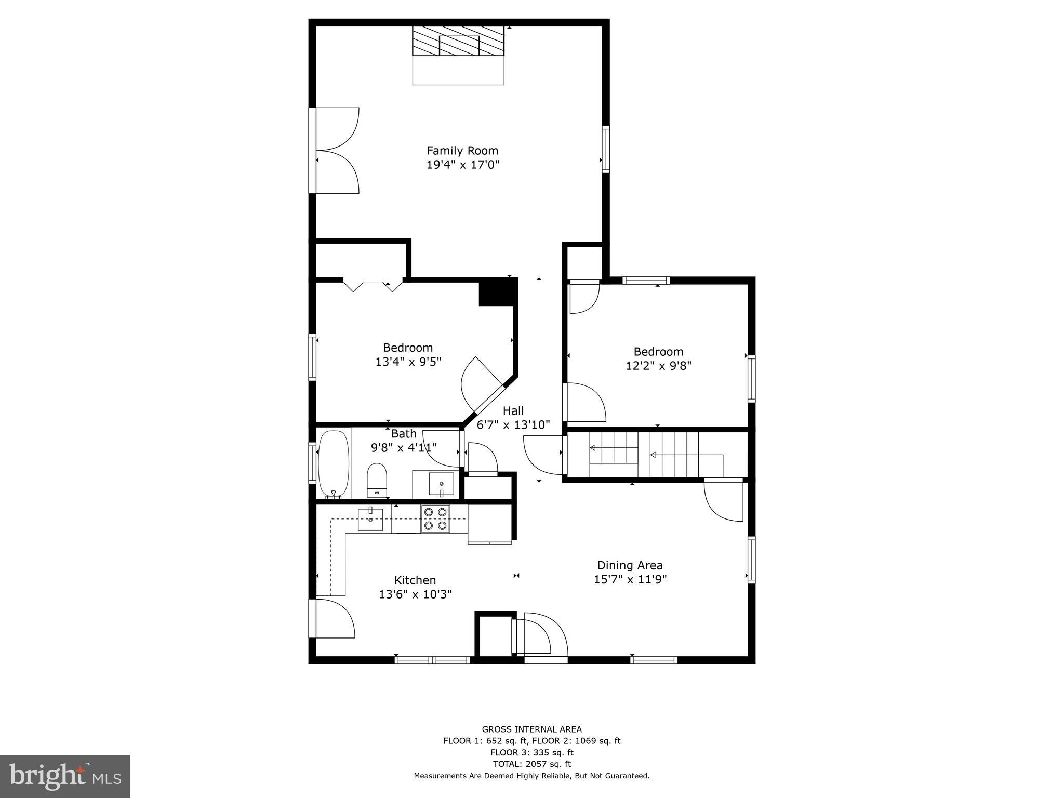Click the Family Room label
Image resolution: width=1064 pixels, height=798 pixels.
[x=462, y=151]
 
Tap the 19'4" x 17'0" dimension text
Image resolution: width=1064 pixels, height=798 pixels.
[x=462, y=165]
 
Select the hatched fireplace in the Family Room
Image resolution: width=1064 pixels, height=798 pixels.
[x=458, y=41]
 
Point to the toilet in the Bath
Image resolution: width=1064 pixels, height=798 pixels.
[x=377, y=480]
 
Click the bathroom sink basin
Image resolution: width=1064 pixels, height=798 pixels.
[x=441, y=484]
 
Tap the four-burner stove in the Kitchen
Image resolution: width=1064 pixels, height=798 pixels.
[x=435, y=518]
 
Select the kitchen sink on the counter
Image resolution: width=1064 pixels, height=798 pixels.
[x=370, y=520]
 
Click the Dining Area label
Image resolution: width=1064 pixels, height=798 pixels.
[x=630, y=565]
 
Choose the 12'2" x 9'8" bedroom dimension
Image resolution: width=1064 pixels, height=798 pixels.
[x=658, y=366]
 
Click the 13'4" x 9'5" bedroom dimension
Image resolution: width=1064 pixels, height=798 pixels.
[x=408, y=362]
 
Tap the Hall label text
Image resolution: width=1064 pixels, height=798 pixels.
[x=513, y=411]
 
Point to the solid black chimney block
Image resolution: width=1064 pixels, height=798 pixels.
[x=498, y=291]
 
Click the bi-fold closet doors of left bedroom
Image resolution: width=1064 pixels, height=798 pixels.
[x=373, y=286]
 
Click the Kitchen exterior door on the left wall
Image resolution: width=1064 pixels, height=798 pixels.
[x=332, y=618]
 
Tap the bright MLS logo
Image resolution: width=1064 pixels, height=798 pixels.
[x=65, y=776]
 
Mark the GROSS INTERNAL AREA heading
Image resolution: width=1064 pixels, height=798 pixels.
[x=531, y=729]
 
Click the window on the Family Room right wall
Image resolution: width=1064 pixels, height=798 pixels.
[x=606, y=149]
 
